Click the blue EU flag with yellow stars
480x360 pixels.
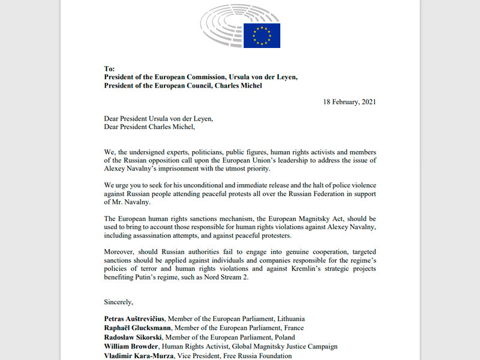click(262, 35)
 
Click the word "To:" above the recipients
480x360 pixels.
click(109, 69)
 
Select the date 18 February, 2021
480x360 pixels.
click(349, 102)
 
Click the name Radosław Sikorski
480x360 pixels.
click(134, 337)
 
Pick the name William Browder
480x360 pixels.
click(132, 347)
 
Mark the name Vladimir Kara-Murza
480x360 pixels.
click(139, 356)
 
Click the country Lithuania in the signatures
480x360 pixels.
click(286, 319)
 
